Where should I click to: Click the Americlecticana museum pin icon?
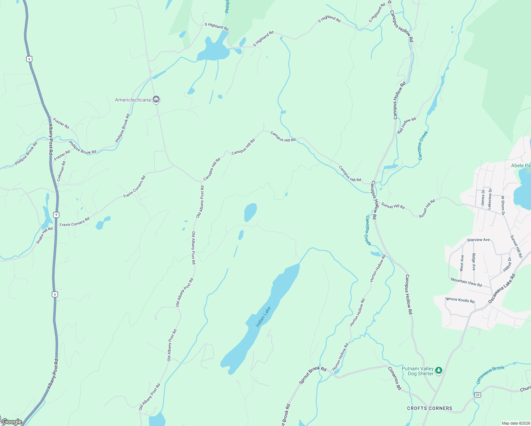coord(156,99)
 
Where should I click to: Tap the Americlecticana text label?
coord(133,100)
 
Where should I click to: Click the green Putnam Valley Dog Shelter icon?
coord(439,371)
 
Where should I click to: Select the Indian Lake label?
coord(263,317)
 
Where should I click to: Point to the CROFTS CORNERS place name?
coord(429,408)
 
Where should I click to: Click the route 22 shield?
coord(478,395)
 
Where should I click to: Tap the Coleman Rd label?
coord(61,171)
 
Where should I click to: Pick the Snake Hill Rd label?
coord(44,235)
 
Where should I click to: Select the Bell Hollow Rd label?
coord(407,125)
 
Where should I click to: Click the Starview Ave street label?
coord(478,240)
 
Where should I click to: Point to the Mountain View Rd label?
coord(466,283)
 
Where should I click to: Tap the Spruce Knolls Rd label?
coord(460,300)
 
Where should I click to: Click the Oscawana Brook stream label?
coord(490,375)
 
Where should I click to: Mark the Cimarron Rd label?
coord(395,379)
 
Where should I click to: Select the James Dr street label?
coord(483,197)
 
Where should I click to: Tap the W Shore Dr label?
coord(503,205)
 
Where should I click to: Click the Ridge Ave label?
coord(474,262)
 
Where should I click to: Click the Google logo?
coord(11,422)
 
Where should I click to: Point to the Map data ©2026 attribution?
coord(516,423)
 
